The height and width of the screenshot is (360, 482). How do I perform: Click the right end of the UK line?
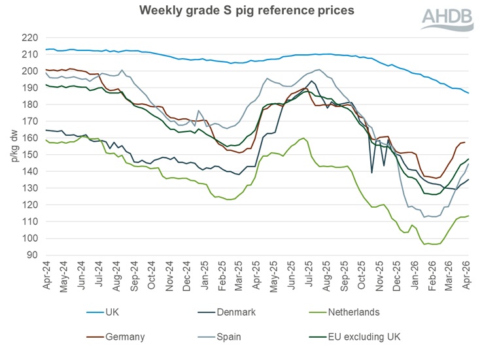click(468, 93)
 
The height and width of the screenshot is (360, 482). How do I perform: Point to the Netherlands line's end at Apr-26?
click(468, 216)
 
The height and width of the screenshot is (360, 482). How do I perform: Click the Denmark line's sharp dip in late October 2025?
click(372, 172)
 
